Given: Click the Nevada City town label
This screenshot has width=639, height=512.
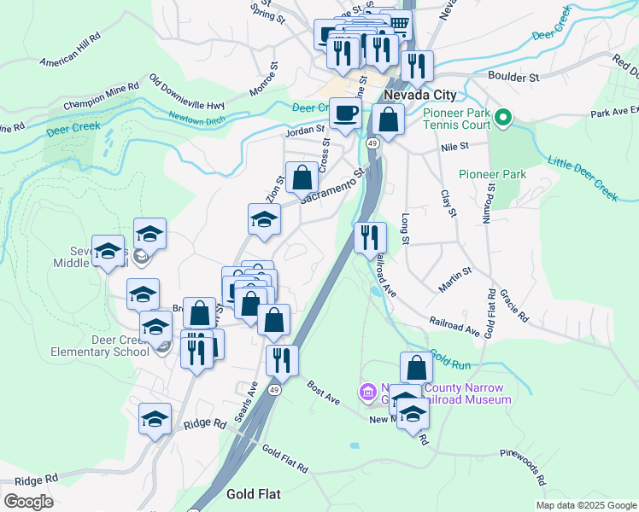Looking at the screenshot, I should coord(420,95).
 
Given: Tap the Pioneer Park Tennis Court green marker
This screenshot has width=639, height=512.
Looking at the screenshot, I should coord(503,117).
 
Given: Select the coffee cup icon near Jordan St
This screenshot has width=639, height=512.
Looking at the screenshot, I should coord(345,113).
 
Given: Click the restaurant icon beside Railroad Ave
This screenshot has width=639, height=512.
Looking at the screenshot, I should coord(370,237).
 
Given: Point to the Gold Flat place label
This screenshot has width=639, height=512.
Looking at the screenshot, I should coord(254,494).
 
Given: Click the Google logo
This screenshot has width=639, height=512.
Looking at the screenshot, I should coord(27,501).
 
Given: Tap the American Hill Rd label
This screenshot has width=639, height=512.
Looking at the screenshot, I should coord(70,50).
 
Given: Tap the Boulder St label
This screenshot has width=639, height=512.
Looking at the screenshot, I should coord(516,77).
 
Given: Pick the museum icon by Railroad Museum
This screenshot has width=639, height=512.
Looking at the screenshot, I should coord(368,392).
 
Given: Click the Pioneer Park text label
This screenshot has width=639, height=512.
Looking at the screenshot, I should coord(492,174).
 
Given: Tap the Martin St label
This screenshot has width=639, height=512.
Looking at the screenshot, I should coord(455,280).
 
